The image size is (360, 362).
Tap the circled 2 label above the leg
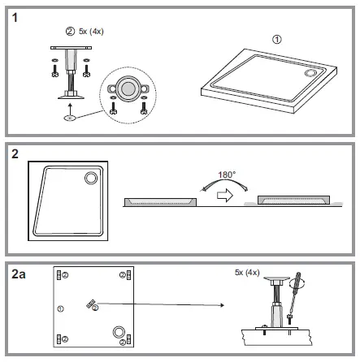[x=69, y=32]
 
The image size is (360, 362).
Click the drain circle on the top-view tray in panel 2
[x=90, y=177]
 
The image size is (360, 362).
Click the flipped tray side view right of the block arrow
[x=292, y=200]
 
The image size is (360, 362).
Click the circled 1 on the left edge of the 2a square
[x=59, y=309]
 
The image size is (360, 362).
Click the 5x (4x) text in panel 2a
[x=246, y=272]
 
